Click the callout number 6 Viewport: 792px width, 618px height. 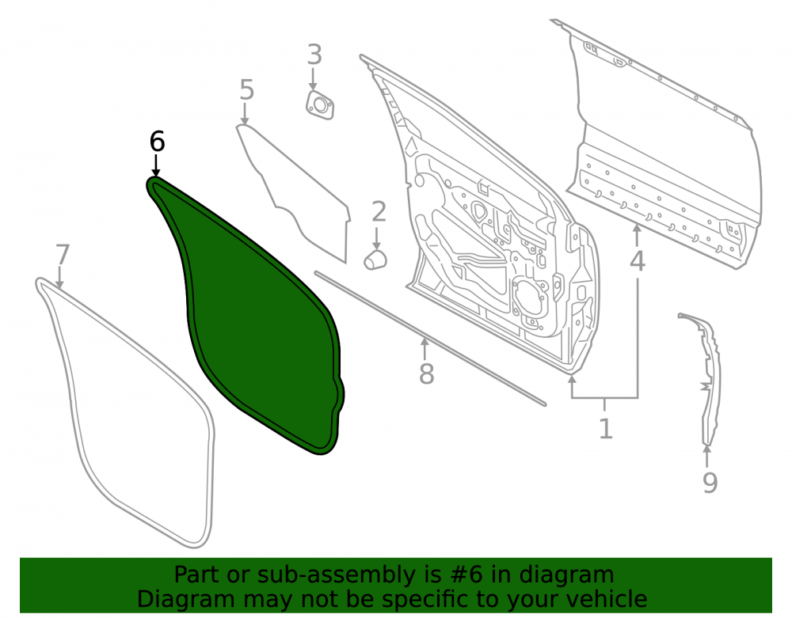[x=157, y=142]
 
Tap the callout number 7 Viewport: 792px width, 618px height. [x=62, y=255]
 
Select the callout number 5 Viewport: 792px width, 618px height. [x=246, y=89]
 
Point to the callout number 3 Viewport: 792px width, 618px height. [x=314, y=55]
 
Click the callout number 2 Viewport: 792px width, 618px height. [x=379, y=211]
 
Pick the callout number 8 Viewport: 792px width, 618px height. [x=426, y=373]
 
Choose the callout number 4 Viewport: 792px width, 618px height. [x=638, y=261]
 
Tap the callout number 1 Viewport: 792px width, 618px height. [x=606, y=428]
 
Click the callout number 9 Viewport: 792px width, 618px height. [x=710, y=482]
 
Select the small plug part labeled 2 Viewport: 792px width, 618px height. [x=375, y=260]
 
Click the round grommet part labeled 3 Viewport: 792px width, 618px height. [x=320, y=106]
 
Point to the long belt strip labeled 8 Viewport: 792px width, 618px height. [x=430, y=339]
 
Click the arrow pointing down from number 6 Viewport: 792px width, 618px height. [x=155, y=165]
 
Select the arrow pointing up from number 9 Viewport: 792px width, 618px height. [x=707, y=457]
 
